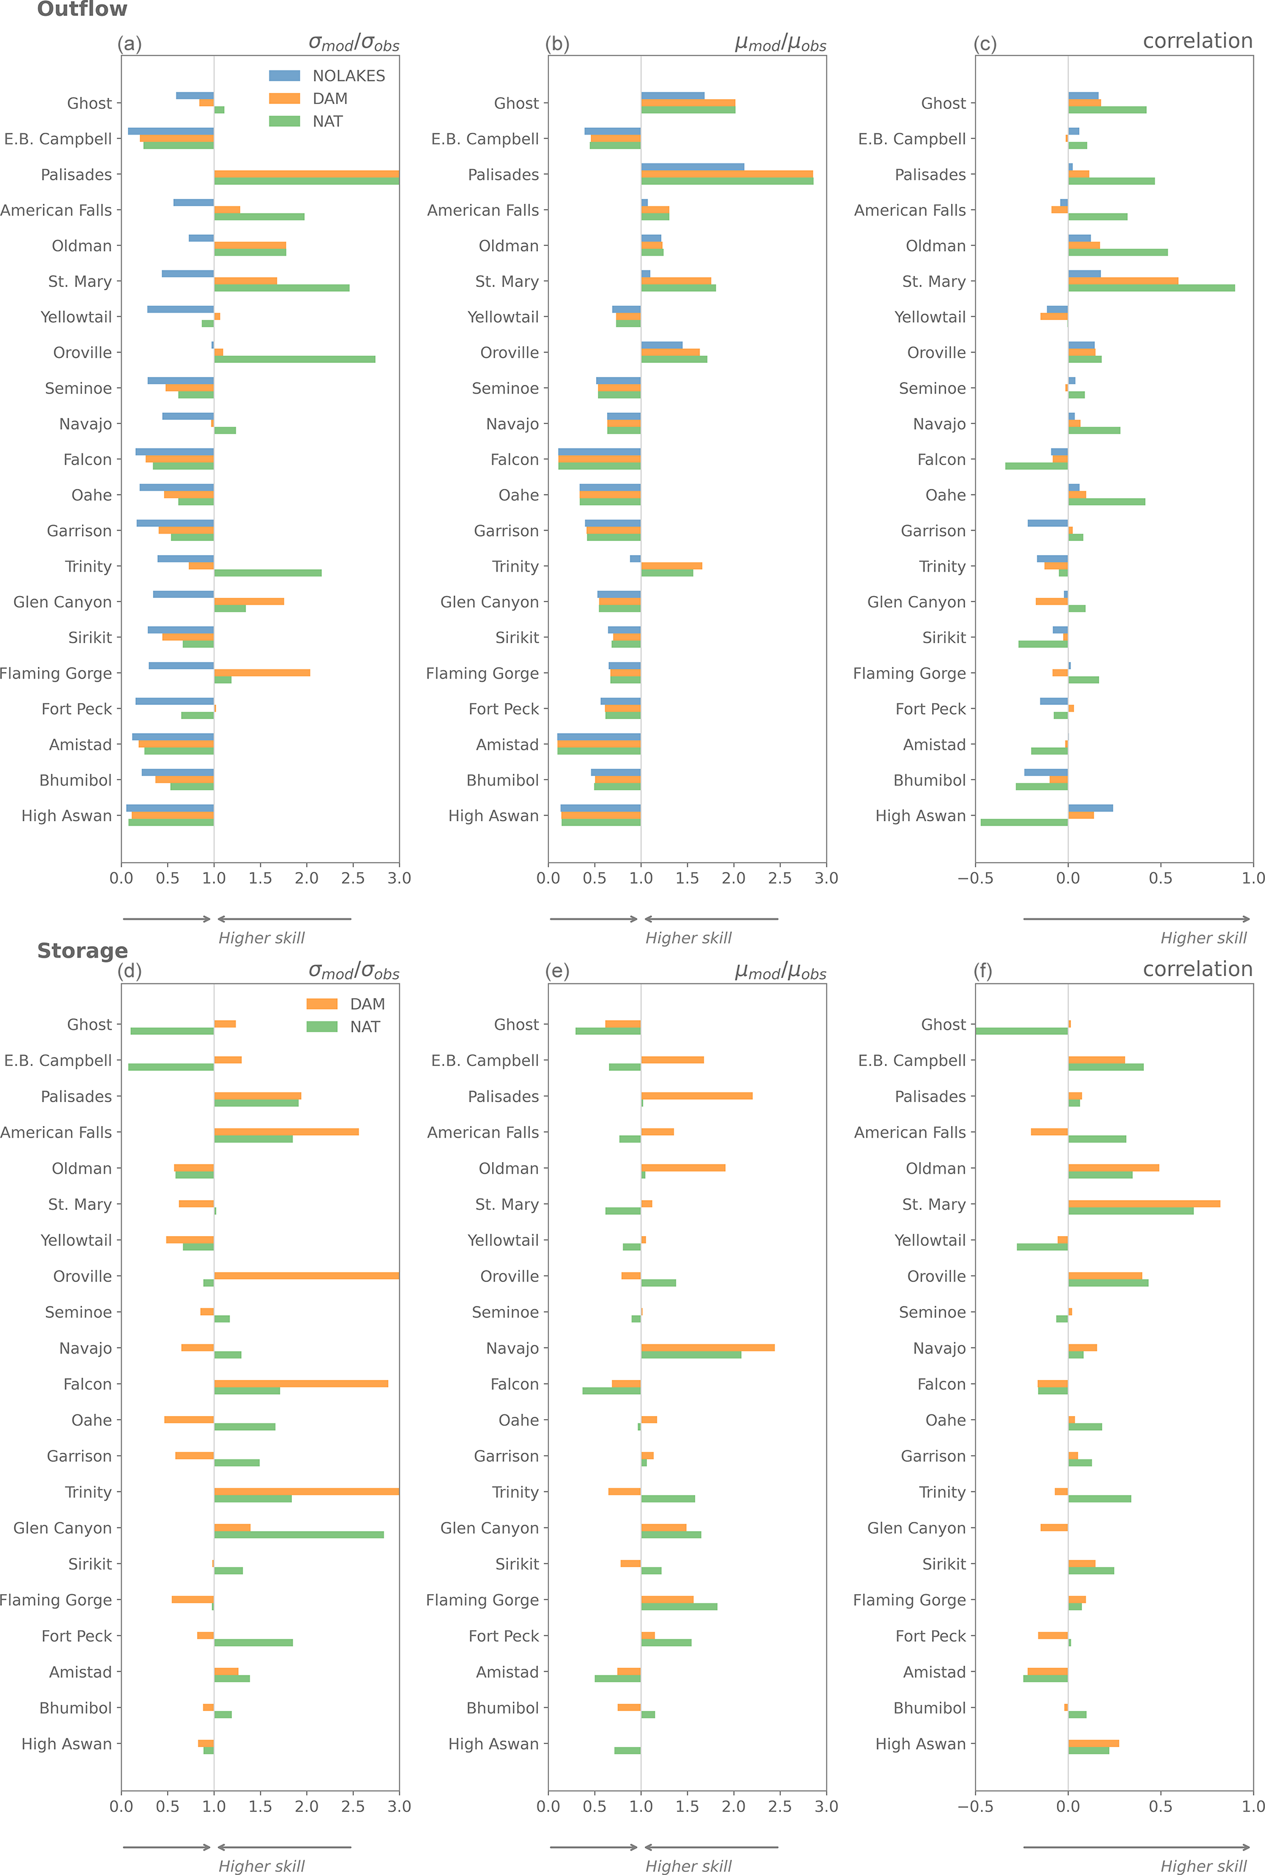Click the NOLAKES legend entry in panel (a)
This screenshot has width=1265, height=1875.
tap(327, 76)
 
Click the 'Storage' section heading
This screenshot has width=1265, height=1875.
tap(82, 951)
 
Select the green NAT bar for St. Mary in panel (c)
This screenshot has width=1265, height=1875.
tap(1151, 288)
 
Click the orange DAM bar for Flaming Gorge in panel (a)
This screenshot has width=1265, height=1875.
tap(262, 673)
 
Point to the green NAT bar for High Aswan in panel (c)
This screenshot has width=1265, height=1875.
tap(1024, 822)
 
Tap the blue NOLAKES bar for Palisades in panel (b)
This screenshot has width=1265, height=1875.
tap(692, 167)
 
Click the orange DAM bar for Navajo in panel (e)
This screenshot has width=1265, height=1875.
tap(707, 1348)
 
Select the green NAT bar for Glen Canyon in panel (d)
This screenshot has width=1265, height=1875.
tap(299, 1535)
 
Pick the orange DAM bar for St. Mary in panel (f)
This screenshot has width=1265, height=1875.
tap(1144, 1204)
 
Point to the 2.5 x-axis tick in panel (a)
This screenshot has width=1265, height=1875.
tap(353, 878)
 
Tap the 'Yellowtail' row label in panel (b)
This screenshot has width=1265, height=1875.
tap(502, 317)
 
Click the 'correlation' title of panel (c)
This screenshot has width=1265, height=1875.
tap(1197, 41)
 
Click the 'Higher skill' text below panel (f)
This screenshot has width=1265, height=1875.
tap(1203, 1866)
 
